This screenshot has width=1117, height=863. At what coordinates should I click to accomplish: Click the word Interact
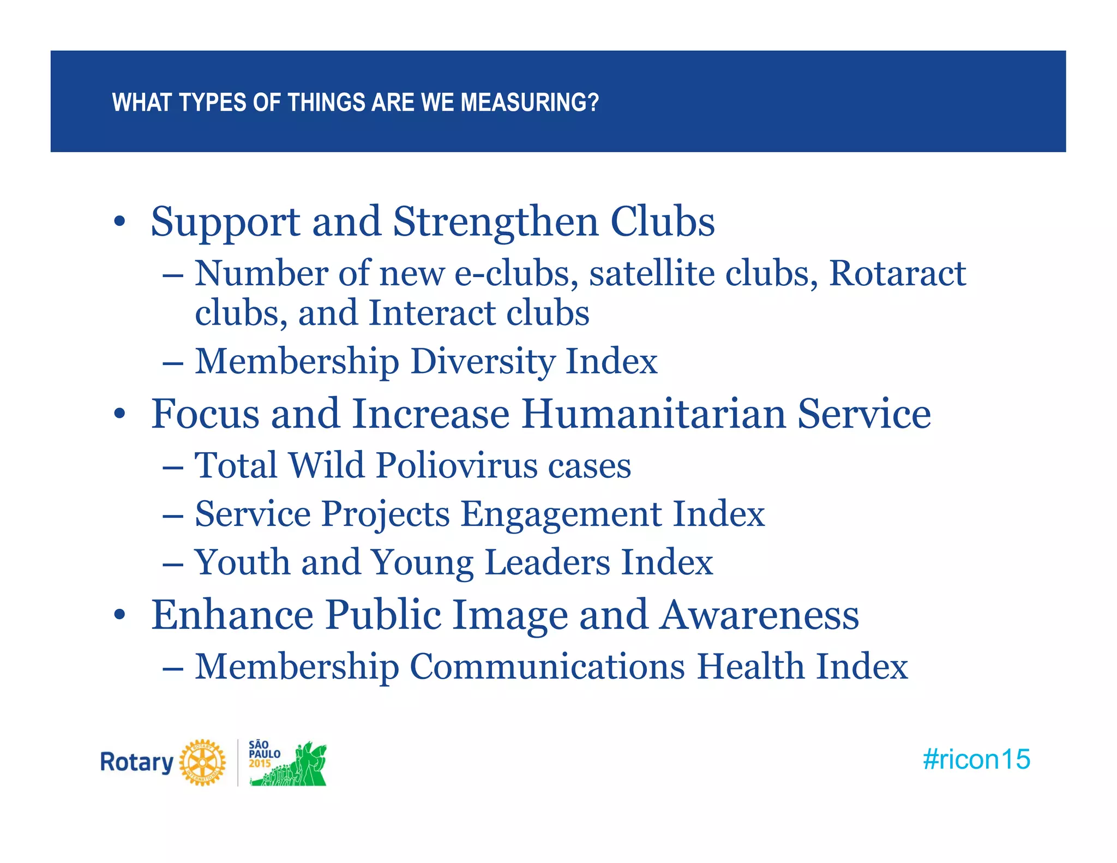[x=431, y=313]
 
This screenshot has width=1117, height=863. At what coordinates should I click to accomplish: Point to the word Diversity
[x=482, y=362]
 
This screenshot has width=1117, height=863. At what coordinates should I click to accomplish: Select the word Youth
[x=242, y=562]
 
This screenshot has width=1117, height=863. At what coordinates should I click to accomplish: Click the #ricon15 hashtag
[x=976, y=759]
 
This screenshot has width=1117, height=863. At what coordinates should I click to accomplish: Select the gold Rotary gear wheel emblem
[x=202, y=762]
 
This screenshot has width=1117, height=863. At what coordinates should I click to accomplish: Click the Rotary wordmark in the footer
[x=136, y=762]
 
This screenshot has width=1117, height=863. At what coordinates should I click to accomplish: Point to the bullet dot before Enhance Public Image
[x=119, y=615]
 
